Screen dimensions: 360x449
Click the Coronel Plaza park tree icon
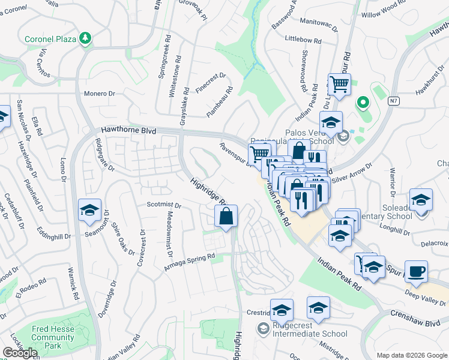pyautogui.click(x=86, y=39)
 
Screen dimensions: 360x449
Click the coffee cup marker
pyautogui.click(x=416, y=272)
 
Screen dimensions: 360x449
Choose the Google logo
pyautogui.click(x=20, y=353)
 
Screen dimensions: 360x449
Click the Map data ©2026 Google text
pyautogui.click(x=411, y=355)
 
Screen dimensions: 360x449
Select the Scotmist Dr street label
pyautogui.click(x=164, y=205)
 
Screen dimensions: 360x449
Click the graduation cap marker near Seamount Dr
pyautogui.click(x=89, y=211)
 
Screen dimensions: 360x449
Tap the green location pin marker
pyautogui.click(x=362, y=103)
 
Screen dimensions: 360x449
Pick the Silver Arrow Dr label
pyautogui.click(x=352, y=172)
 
